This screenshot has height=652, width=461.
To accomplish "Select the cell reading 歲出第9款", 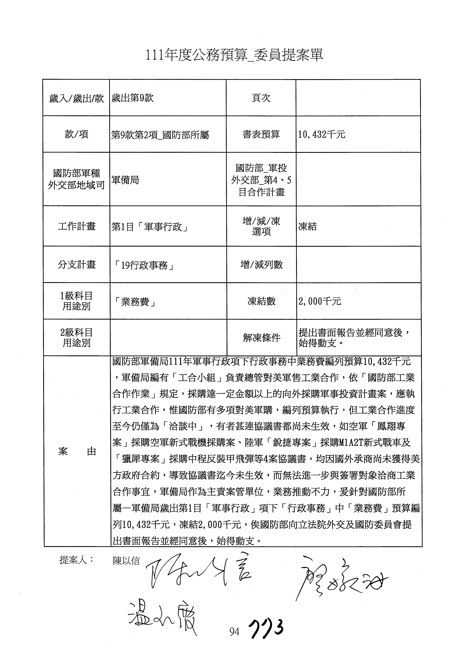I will click(x=133, y=98).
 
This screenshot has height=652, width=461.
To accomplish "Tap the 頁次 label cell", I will click(x=261, y=98).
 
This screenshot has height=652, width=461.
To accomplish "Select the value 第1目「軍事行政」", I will click(x=150, y=227).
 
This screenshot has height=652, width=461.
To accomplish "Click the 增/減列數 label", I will click(x=261, y=265).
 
